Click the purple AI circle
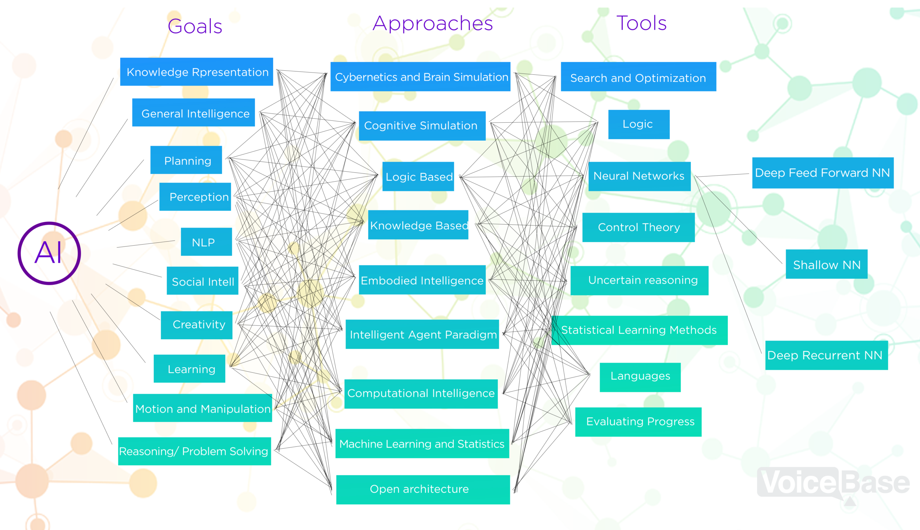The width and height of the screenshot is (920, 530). click(49, 253)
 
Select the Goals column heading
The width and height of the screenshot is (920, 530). click(195, 27)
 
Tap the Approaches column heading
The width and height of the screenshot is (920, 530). click(433, 24)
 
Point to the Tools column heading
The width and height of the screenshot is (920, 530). click(641, 23)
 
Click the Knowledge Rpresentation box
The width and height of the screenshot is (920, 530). click(197, 72)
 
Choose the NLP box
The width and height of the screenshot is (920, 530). click(206, 242)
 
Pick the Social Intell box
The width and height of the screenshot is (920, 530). click(202, 281)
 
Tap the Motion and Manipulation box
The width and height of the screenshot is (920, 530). click(202, 408)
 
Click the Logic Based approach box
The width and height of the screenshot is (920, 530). click(418, 176)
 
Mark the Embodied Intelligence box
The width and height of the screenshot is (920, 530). click(422, 280)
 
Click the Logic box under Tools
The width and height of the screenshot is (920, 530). click(639, 124)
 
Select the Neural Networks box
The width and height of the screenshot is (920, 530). click(639, 176)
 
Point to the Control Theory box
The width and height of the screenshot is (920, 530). click(638, 227)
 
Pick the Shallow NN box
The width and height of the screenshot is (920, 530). click(827, 264)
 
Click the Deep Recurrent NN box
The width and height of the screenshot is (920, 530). click(827, 355)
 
